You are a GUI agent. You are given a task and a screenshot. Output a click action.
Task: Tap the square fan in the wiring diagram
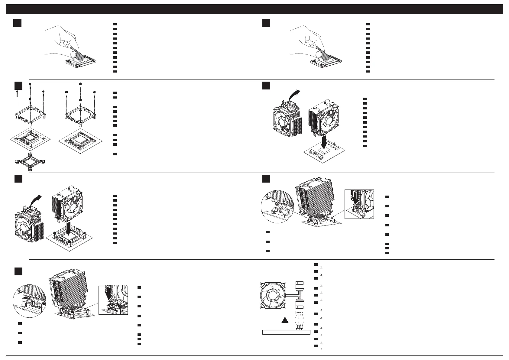(273, 296)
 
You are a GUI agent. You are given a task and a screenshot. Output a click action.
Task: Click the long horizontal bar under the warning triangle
(286, 332)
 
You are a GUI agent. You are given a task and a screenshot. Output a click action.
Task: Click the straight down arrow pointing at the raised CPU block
(324, 143)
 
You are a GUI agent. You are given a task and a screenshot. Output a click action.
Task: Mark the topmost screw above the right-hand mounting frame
(80, 85)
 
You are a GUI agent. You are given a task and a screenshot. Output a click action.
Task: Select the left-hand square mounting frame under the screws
(30, 115)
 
